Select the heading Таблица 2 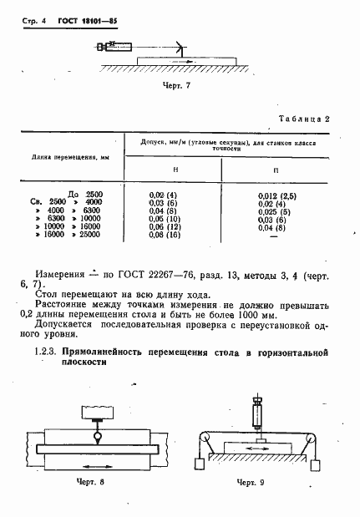tap(302, 119)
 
